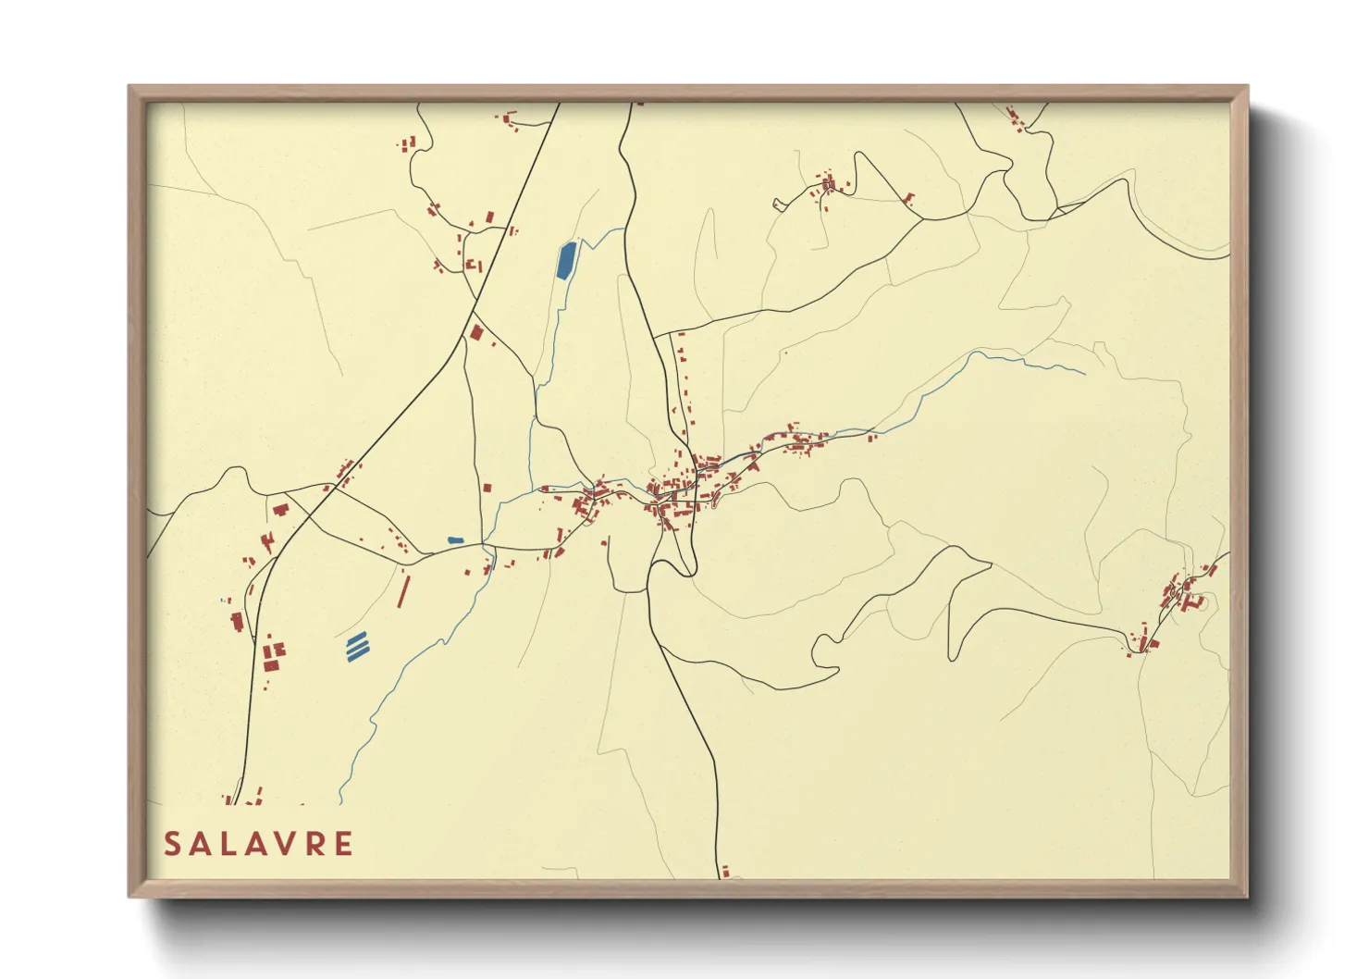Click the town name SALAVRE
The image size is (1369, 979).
tap(258, 844)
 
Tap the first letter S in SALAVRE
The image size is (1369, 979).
tap(172, 844)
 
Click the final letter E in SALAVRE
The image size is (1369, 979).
tap(343, 844)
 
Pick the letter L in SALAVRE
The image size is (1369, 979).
tap(228, 844)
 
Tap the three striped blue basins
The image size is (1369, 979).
tap(356, 646)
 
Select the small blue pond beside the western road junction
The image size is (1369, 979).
tap(455, 539)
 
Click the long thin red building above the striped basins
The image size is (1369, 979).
tap(402, 590)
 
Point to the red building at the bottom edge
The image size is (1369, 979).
tap(726, 872)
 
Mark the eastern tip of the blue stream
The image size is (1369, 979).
tap(1084, 374)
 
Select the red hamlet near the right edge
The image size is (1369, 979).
tap(1175, 601)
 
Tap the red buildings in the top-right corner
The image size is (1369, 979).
tap(1016, 118)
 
